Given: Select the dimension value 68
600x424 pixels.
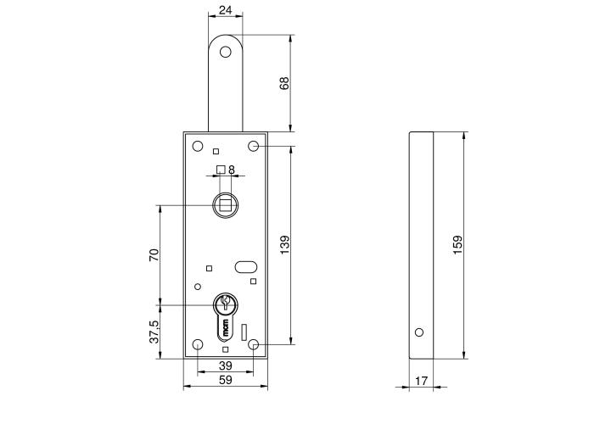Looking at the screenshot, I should pyautogui.click(x=285, y=83).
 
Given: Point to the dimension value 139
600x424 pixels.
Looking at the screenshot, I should pyautogui.click(x=285, y=244).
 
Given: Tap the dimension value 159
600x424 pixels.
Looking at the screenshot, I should pyautogui.click(x=458, y=246).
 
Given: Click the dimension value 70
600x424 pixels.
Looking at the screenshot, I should pyautogui.click(x=154, y=254).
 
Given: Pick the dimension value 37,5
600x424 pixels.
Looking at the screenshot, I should pyautogui.click(x=154, y=332).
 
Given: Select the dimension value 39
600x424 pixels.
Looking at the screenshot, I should pyautogui.click(x=225, y=365).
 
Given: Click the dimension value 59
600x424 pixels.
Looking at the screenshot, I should pyautogui.click(x=225, y=382).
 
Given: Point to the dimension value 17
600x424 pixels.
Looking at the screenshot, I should pyautogui.click(x=422, y=382).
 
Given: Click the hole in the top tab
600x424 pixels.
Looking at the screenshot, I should pyautogui.click(x=225, y=52).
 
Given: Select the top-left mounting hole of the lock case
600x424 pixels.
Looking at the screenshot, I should pyautogui.click(x=198, y=146).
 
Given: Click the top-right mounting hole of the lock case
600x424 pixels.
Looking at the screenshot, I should pyautogui.click(x=253, y=147).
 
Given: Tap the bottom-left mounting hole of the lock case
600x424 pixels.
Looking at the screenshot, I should pyautogui.click(x=198, y=344).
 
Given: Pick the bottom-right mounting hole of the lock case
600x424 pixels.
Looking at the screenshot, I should pyautogui.click(x=253, y=344).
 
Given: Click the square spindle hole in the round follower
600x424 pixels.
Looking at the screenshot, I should pyautogui.click(x=225, y=204).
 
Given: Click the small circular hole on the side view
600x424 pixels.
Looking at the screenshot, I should pyautogui.click(x=418, y=332).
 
